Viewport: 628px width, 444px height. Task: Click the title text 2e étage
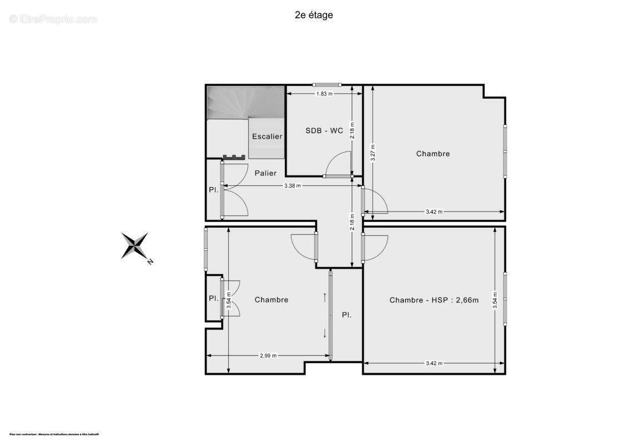[x=314, y=15]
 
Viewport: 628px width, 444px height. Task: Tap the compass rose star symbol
[x=134, y=245]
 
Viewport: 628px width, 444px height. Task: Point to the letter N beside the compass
[x=150, y=262]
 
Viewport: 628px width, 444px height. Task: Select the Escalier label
[x=267, y=137]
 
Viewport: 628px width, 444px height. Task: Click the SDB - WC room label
[x=324, y=131]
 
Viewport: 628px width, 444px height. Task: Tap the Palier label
[x=265, y=173]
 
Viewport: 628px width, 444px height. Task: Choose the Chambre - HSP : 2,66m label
[x=434, y=300]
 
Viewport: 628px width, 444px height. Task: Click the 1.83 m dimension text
[x=324, y=94]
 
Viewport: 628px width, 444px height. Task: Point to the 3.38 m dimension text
[x=292, y=186]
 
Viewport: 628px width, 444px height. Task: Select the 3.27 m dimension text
[x=374, y=153]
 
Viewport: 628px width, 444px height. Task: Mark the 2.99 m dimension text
[x=268, y=356]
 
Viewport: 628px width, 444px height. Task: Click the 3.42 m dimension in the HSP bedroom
[x=434, y=364]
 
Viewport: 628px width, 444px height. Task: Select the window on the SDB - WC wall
[x=326, y=84]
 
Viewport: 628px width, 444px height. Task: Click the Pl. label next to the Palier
[x=213, y=189]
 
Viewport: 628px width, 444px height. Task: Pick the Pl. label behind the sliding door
[x=346, y=315]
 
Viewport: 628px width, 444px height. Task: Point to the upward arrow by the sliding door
[x=325, y=296]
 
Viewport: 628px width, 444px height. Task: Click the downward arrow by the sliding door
[x=325, y=333]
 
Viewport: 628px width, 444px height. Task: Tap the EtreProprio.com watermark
[x=53, y=19]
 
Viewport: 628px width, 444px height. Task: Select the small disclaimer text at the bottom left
[x=54, y=434]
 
